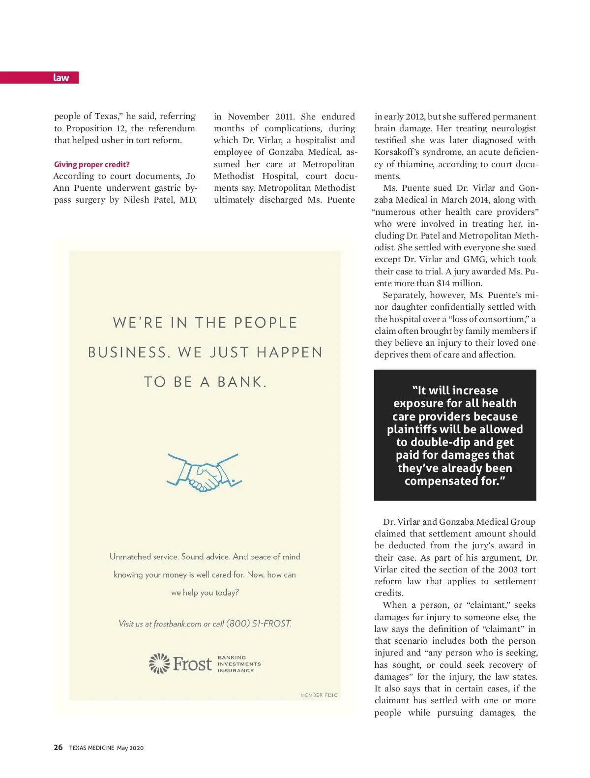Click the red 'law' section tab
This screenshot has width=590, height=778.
pos(61,78)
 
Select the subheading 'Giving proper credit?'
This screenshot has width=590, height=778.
pos(92,164)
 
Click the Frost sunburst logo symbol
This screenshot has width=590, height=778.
pos(159,663)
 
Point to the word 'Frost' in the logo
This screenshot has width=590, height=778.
pos(192,664)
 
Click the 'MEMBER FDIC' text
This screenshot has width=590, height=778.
pos(319,695)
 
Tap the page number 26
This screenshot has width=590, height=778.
pos(58,748)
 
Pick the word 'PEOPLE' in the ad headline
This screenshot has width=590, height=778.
pos(265,323)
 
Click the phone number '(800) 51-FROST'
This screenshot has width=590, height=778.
pos(259,624)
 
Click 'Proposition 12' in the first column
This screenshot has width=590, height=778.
pos(96,128)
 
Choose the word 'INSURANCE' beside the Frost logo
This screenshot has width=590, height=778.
pos(236,671)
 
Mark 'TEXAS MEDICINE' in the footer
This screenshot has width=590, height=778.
pos(91,748)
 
